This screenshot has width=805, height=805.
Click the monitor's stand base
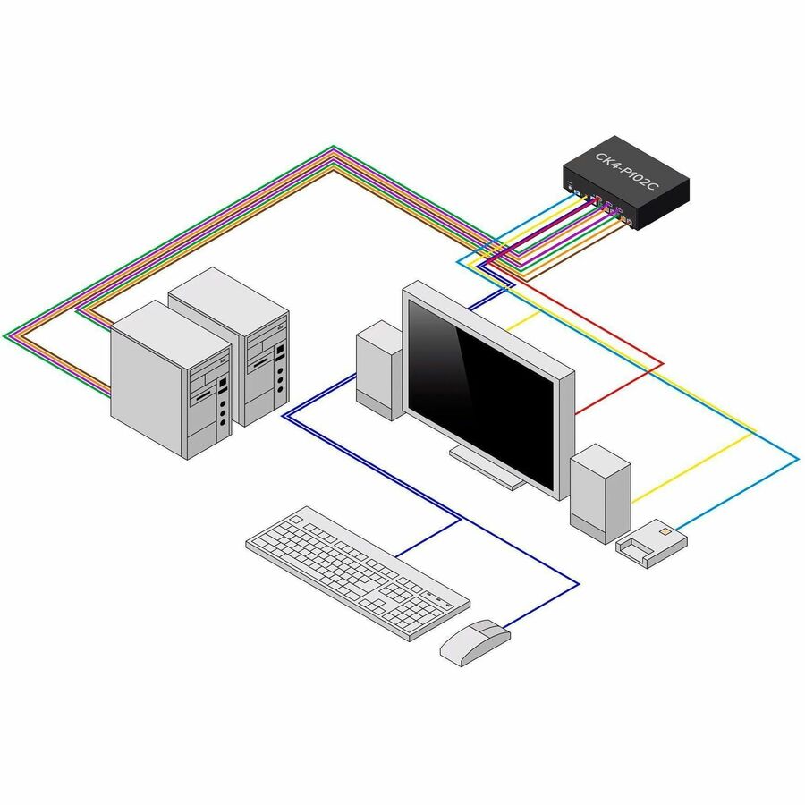[487, 468]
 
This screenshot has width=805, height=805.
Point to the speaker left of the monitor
[378, 369]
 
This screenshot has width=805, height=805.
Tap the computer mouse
[474, 641]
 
